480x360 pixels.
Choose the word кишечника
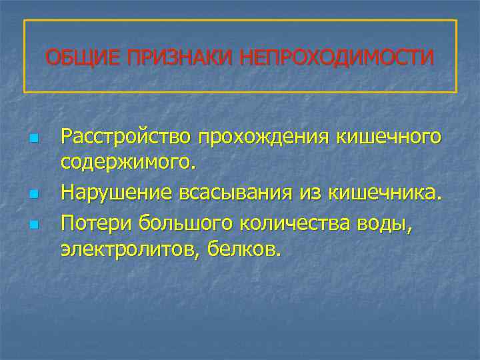[x=383, y=193]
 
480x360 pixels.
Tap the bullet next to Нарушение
[x=33, y=195]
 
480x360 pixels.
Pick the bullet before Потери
[x=33, y=224]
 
